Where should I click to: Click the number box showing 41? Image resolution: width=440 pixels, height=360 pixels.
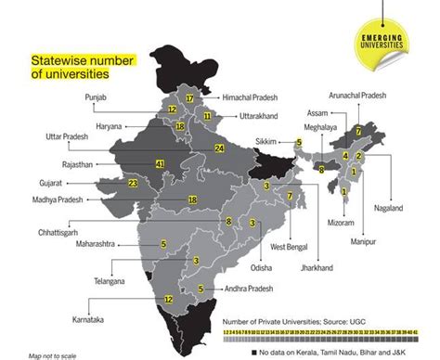[x=187, y=164]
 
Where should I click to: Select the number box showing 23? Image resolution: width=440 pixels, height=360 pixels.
[x=134, y=184]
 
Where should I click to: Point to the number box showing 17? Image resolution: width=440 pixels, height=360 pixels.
[x=189, y=97]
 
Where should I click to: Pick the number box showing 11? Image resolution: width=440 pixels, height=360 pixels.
[x=208, y=116]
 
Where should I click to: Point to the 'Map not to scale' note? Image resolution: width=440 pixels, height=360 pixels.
[x=52, y=354]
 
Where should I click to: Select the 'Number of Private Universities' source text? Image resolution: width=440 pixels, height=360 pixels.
[x=303, y=321]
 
